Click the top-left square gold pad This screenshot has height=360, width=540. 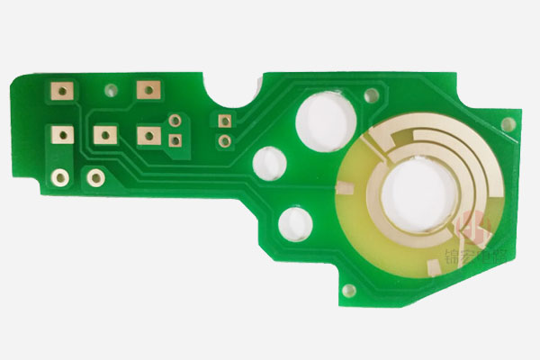62,91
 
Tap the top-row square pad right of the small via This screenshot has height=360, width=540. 147,89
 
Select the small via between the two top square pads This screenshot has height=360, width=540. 112,90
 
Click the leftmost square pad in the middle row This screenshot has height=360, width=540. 62,135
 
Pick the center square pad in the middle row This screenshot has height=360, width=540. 104,135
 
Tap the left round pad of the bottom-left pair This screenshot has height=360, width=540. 60,176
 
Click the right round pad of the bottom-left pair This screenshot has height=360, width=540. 94,177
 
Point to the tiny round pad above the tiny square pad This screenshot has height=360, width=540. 175,121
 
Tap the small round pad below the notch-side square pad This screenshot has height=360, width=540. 222,140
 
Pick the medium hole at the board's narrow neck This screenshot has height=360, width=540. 269,163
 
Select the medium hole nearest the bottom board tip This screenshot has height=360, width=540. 294,223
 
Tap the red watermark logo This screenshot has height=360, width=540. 472,229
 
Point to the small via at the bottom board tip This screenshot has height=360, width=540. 347,289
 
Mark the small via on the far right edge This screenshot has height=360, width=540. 509,123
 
